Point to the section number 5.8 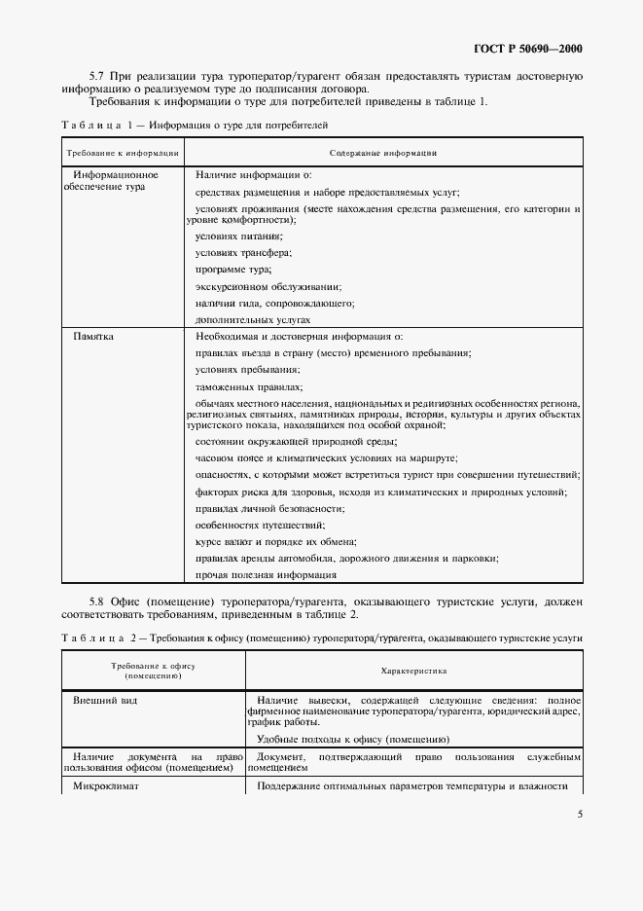tap(97, 603)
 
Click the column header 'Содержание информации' tap(383, 153)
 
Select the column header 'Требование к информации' tap(123, 153)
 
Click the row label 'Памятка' tap(94, 336)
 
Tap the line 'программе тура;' tap(233, 269)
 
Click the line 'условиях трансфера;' tap(243, 252)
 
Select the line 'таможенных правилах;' tap(248, 386)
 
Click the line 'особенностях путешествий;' tap(260, 525)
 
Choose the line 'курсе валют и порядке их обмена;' tap(276, 541)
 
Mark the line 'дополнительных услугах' tap(253, 319)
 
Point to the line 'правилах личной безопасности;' tap(269, 508)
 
